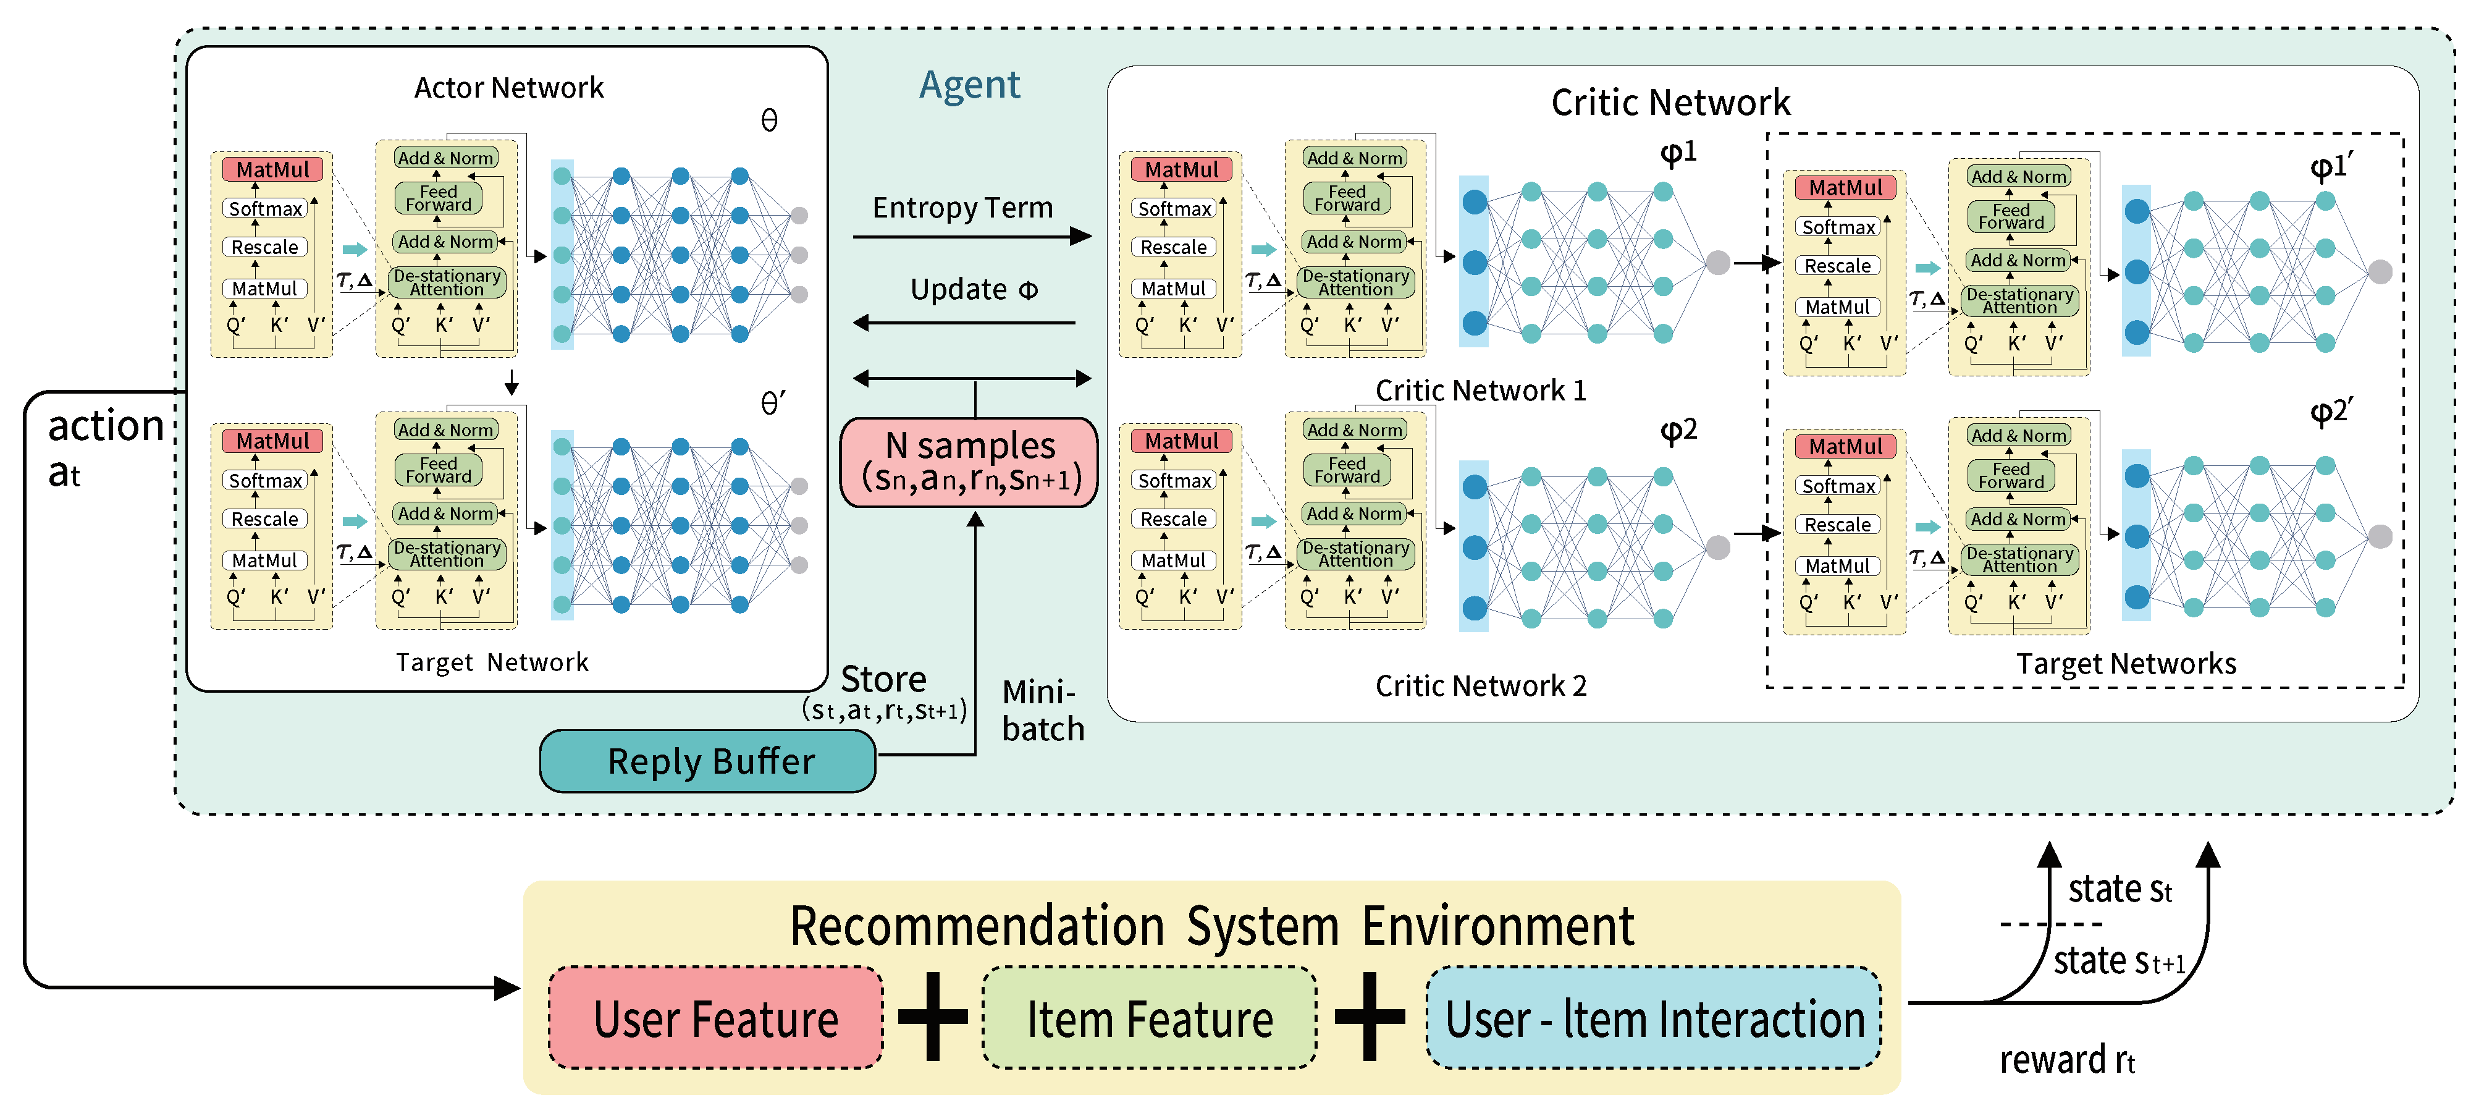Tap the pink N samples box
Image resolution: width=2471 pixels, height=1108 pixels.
point(969,462)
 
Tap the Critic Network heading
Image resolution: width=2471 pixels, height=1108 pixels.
point(1670,103)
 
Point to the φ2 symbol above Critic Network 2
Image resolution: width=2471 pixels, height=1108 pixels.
point(1678,429)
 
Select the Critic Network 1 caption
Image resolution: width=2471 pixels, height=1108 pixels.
point(1480,391)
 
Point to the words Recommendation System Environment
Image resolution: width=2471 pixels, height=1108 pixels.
point(1211,927)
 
